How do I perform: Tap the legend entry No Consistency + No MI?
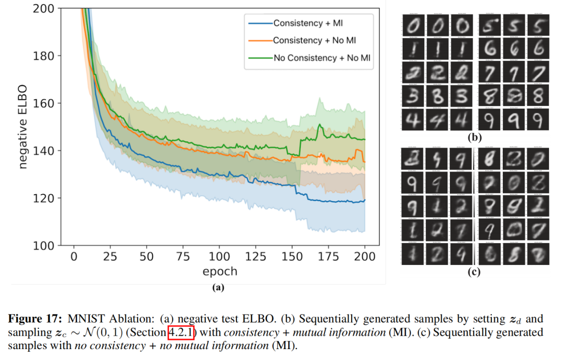(323, 58)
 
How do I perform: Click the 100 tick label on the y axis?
(44, 245)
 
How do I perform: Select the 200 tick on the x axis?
(365, 257)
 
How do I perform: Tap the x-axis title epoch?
(219, 271)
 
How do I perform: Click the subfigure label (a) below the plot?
(218, 286)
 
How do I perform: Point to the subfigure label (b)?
(474, 138)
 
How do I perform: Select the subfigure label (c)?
(474, 270)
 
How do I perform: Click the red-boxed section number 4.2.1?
(181, 332)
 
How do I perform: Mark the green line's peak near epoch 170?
(320, 125)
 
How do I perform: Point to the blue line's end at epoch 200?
(365, 200)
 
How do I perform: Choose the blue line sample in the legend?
(259, 23)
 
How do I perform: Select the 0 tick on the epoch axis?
(74, 257)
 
